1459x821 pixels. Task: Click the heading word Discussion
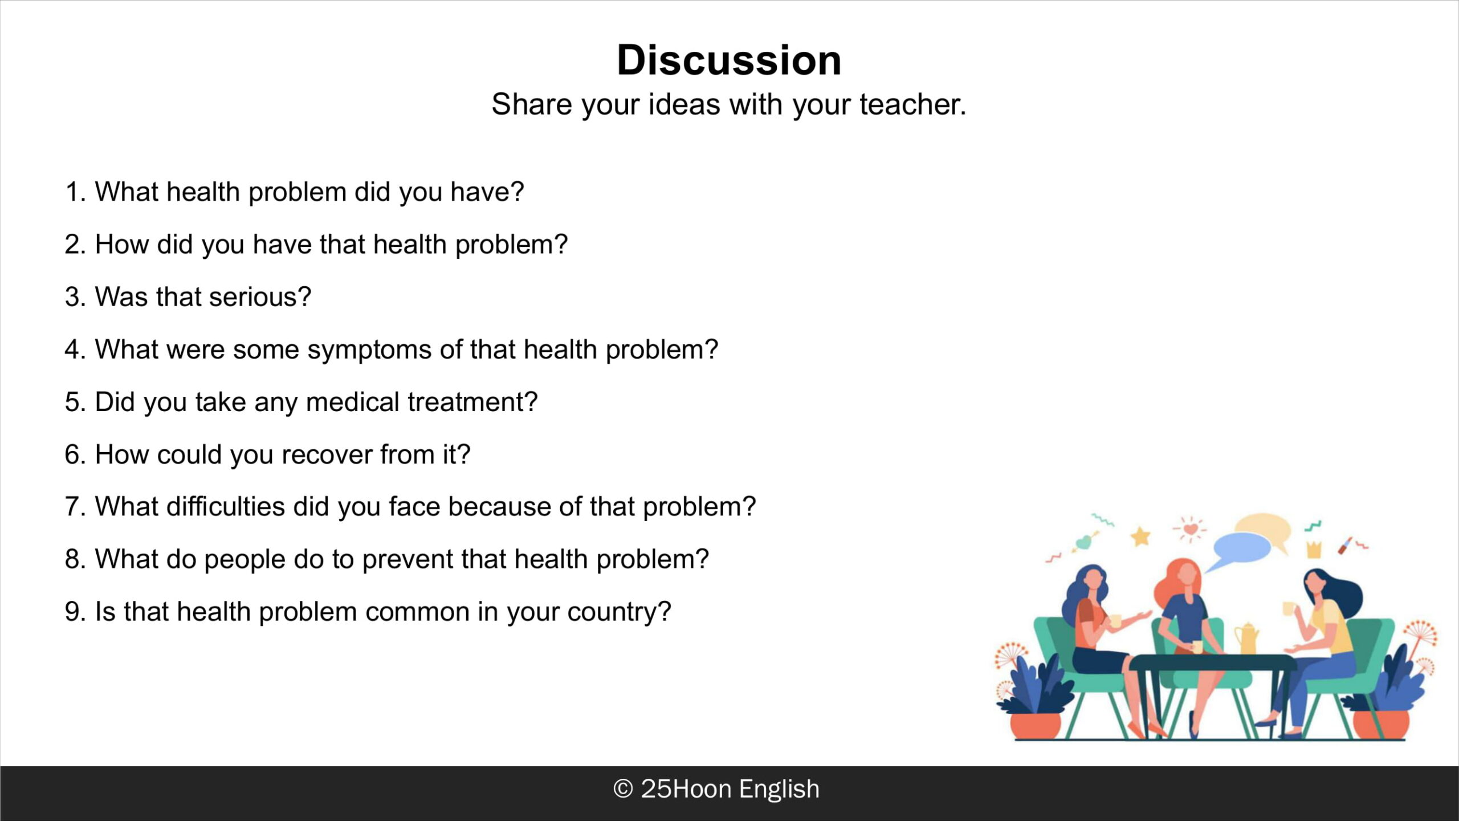(x=729, y=60)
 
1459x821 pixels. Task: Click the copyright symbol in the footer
(x=623, y=789)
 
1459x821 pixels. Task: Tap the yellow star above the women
(x=1140, y=537)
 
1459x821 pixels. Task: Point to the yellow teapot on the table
(x=1246, y=639)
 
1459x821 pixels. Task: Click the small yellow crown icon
(x=1314, y=550)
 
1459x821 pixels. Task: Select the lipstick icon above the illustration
(x=1345, y=545)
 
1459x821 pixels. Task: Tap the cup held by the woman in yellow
(x=1288, y=609)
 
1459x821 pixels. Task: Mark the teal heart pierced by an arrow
(x=1083, y=542)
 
